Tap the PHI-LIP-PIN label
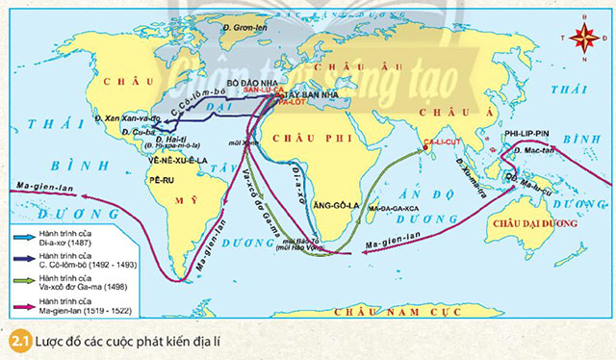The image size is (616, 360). coord(528,135)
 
